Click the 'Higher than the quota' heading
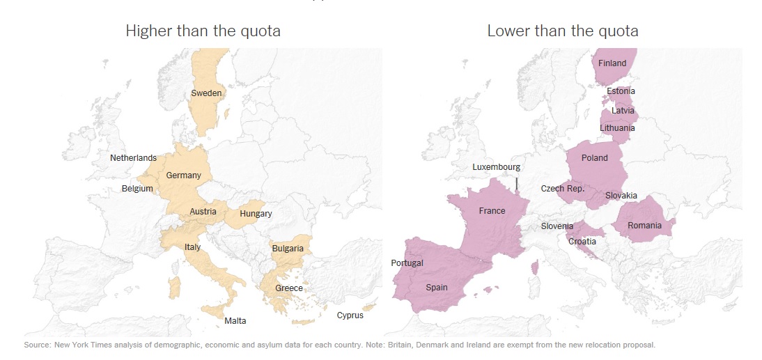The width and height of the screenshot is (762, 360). click(x=203, y=31)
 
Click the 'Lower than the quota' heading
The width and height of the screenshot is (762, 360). click(x=562, y=31)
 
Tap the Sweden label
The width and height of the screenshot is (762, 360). click(x=206, y=93)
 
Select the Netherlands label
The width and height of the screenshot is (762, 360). click(x=133, y=158)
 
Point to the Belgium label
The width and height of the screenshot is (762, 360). click(x=137, y=189)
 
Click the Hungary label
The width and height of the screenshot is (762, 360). click(x=256, y=214)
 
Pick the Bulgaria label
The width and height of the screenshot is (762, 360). click(x=288, y=249)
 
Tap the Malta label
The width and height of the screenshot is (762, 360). click(x=235, y=321)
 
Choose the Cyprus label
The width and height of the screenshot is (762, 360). click(x=350, y=315)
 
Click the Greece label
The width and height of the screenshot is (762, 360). click(x=288, y=288)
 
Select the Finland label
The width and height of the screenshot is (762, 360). click(x=612, y=63)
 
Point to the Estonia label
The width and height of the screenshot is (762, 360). click(x=621, y=91)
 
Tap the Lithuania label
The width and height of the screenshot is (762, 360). click(x=617, y=128)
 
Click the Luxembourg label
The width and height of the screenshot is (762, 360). click(x=496, y=167)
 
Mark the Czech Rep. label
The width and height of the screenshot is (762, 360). click(x=562, y=189)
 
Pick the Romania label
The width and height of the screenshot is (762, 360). click(x=644, y=226)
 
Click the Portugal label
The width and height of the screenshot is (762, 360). click(x=407, y=263)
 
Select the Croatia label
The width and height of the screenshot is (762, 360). click(x=582, y=242)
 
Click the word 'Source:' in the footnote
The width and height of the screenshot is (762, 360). click(x=36, y=345)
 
